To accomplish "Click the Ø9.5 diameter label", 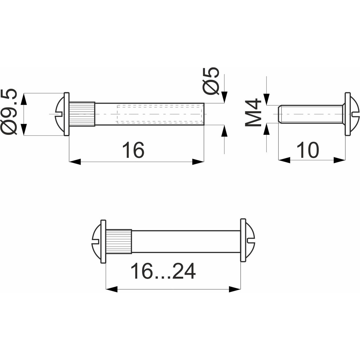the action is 9,112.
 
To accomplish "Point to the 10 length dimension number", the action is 307,150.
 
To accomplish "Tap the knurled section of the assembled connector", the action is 119,241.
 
